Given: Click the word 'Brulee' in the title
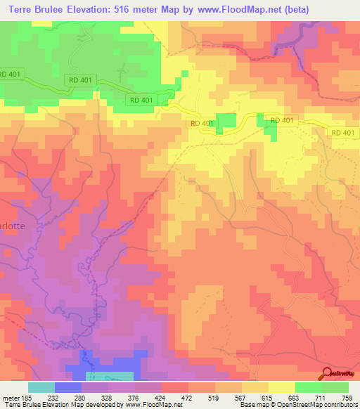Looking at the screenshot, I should (x=63, y=8).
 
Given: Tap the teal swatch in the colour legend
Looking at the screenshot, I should (x=41, y=387).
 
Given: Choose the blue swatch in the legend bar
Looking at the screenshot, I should (x=68, y=387).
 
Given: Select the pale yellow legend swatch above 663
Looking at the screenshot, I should (x=282, y=387).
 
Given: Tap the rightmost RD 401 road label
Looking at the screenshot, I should (x=344, y=132).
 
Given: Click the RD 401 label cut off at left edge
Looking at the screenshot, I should (x=11, y=74).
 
